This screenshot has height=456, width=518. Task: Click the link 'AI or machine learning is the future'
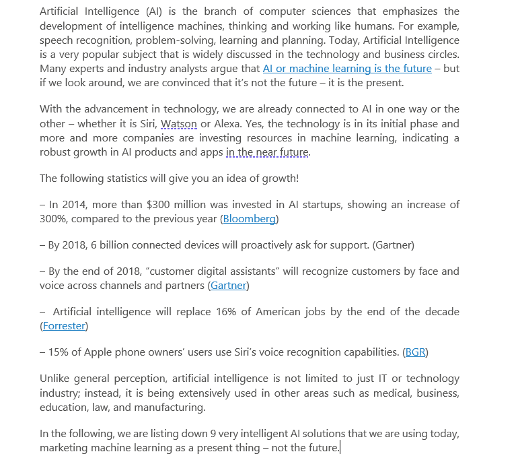pos(347,69)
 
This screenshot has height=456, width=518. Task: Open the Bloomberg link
pos(249,219)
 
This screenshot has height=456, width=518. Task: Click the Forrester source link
pos(64,326)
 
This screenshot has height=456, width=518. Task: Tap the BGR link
pos(416,352)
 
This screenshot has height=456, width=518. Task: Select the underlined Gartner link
pos(228,286)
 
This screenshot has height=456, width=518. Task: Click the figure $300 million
pos(180,205)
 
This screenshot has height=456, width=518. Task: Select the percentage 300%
pos(54,219)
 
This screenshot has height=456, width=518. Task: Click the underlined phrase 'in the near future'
pos(267,152)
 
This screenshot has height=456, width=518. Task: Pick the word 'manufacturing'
pos(174,408)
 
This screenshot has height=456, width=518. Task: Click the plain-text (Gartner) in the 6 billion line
pos(393,245)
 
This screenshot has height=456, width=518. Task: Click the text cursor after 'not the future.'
pos(340,448)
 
